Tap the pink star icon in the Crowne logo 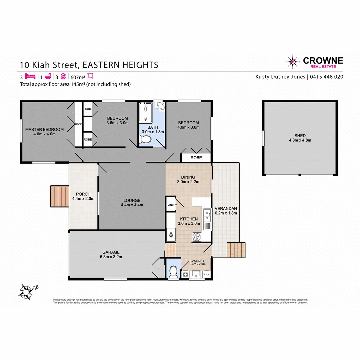[293, 62]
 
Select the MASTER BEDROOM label [44, 129]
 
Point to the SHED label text [300, 136]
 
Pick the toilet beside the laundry [173, 271]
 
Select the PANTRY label [171, 205]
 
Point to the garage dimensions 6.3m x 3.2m [111, 257]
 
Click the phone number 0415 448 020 [327, 77]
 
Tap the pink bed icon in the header [30, 76]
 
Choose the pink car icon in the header [63, 76]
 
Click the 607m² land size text [77, 76]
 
